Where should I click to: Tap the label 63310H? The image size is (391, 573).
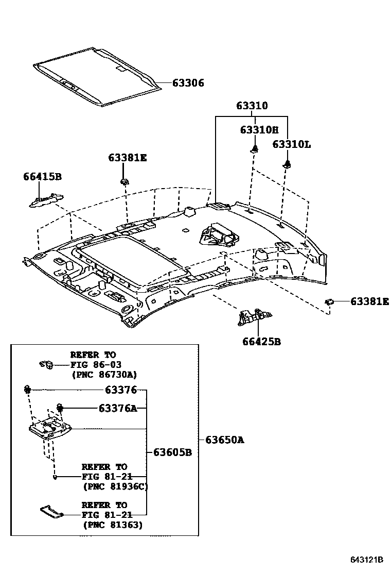[259, 130]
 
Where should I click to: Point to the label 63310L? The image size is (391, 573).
[291, 144]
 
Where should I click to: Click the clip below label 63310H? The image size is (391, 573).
[254, 149]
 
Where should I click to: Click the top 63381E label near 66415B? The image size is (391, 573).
[127, 158]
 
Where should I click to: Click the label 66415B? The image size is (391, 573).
[42, 177]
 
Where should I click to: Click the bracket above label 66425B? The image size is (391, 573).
[254, 317]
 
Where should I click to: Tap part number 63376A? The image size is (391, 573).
[118, 409]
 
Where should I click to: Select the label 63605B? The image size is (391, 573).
[172, 452]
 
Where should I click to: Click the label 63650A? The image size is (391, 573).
[224, 440]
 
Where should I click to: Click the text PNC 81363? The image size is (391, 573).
[113, 525]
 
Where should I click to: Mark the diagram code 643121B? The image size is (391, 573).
[367, 560]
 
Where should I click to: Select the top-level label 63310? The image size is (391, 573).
[252, 106]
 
